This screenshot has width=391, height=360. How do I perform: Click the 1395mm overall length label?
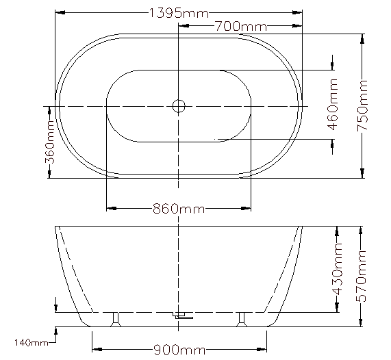click(178, 12)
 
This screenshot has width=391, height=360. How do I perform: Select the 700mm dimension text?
click(240, 27)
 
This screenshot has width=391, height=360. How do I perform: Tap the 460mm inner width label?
click(333, 105)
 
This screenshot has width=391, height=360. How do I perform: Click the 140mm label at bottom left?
click(30, 342)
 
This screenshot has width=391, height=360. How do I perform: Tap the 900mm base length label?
click(178, 350)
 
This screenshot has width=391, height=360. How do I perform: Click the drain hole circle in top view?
click(178, 105)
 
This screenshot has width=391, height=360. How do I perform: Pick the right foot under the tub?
click(241, 318)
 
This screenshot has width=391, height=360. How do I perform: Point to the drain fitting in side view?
click(182, 316)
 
